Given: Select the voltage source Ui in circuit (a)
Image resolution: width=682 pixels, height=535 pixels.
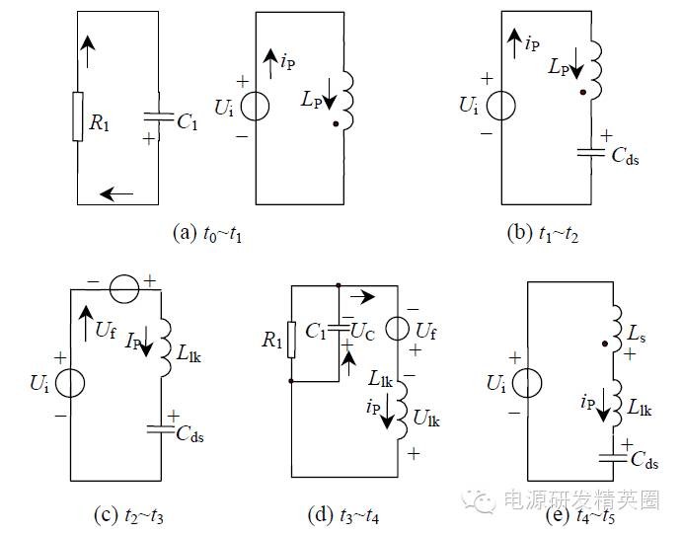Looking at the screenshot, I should tap(256, 104).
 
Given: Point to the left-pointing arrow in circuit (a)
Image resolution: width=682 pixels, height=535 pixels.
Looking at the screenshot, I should tap(116, 193).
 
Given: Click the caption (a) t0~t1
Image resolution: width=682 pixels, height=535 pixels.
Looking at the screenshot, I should tap(208, 235).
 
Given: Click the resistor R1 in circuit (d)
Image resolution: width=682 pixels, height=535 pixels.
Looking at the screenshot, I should tap(291, 337).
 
